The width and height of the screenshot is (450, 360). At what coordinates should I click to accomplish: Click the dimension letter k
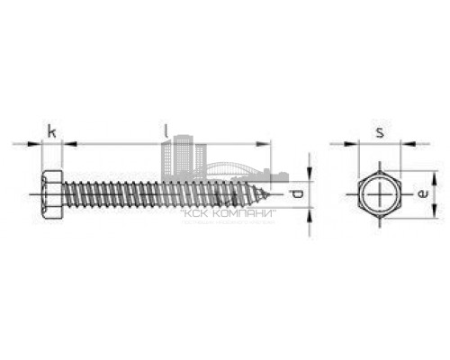(x=52, y=132)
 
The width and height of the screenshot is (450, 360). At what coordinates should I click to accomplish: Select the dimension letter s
(x=381, y=132)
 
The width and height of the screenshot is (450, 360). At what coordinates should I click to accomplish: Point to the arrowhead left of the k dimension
(x=37, y=142)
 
